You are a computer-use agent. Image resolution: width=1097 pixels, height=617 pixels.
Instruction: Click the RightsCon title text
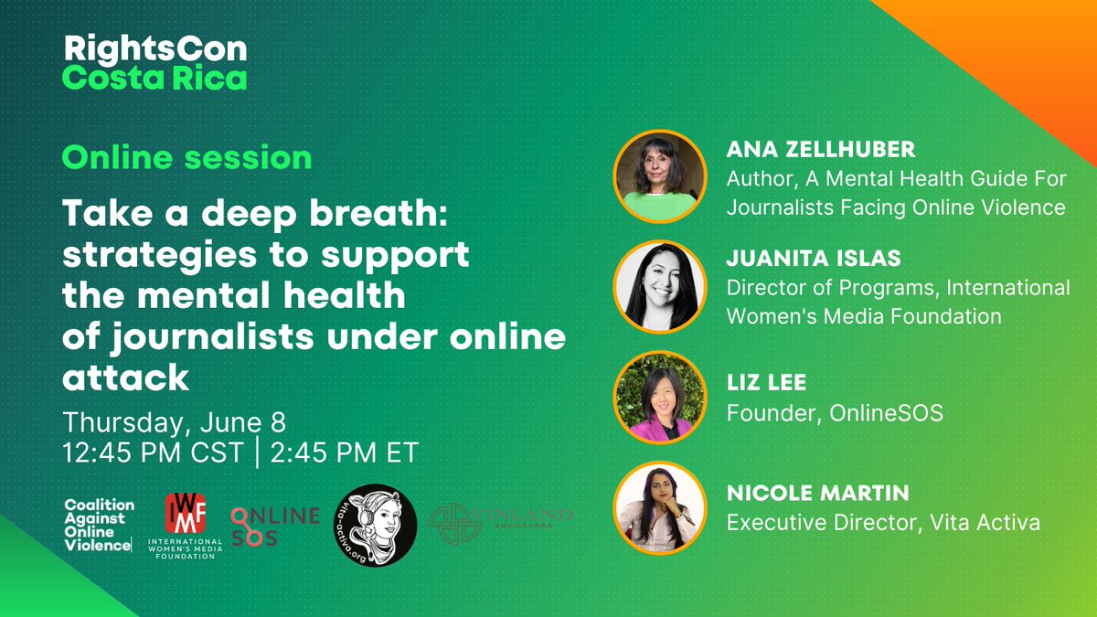(x=155, y=49)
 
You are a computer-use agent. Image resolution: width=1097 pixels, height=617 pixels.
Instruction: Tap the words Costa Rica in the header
(x=155, y=79)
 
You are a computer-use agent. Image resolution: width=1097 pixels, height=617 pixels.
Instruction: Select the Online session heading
(x=186, y=157)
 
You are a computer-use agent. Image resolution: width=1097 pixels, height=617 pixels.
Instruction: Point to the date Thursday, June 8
(x=174, y=422)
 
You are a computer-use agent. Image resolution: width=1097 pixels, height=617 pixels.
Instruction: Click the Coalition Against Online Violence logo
(x=100, y=526)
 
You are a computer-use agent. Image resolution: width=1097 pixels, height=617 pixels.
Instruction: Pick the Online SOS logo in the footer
(x=274, y=526)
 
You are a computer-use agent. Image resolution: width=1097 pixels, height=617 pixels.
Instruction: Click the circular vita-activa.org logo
(x=375, y=526)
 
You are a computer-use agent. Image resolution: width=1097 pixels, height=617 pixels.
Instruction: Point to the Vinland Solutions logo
(x=501, y=525)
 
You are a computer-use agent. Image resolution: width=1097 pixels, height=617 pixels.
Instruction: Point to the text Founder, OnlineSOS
(x=834, y=414)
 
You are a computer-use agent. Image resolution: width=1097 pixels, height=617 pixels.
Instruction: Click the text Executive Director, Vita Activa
(x=883, y=523)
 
